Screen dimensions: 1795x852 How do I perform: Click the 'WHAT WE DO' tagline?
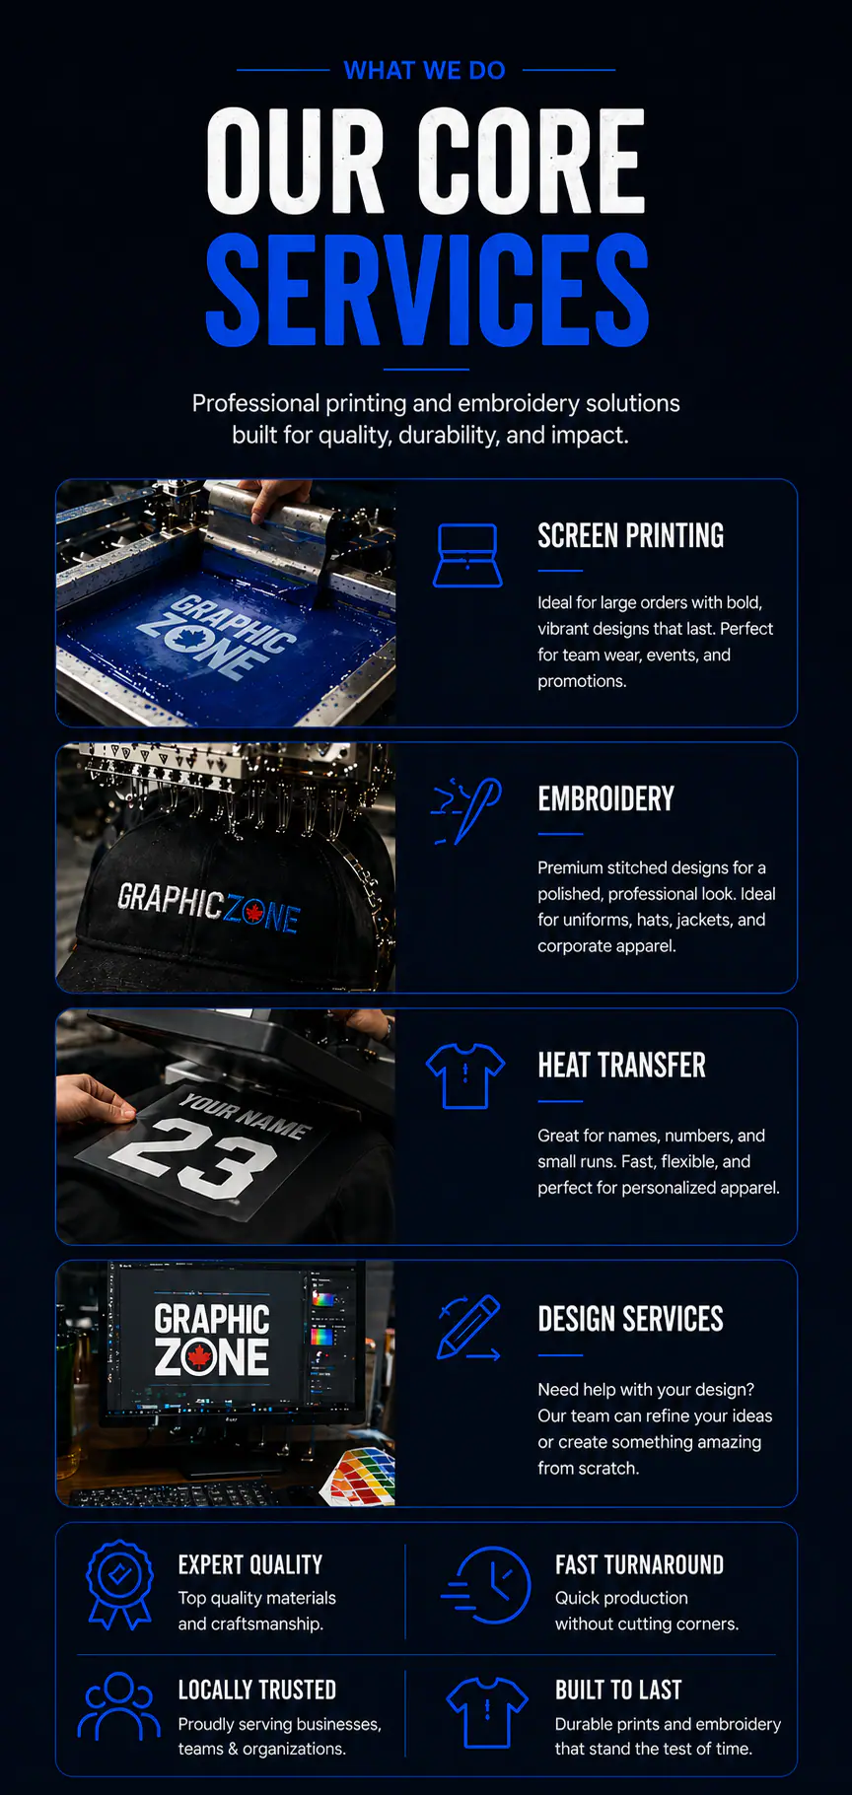425,71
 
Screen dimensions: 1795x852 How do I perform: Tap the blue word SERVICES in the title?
426,290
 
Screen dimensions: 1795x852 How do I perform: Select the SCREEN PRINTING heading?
630,536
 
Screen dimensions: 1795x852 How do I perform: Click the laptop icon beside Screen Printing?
467,556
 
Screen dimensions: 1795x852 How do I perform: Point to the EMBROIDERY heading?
605,799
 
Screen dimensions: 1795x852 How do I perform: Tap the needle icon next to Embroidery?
468,810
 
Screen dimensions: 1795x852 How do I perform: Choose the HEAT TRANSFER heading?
621,1066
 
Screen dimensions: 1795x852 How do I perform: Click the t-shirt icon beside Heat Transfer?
465,1075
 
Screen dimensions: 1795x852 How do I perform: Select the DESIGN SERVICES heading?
630,1319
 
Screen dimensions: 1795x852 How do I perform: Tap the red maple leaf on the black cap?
253,913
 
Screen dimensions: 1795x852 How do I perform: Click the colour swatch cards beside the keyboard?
364,1478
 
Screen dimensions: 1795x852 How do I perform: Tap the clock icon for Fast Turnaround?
488,1584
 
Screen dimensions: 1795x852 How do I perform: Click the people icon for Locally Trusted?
118,1706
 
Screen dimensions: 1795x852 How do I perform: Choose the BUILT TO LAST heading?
618,1691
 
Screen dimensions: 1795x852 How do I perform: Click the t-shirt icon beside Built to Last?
487,1711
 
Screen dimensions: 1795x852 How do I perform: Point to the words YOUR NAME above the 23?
246,1115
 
